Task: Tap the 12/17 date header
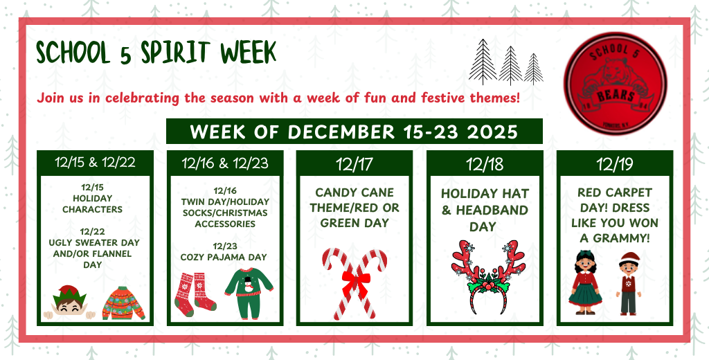[x=354, y=164]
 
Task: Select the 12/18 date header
[x=485, y=164]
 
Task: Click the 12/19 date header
[x=615, y=164]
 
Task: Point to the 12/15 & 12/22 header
[x=94, y=163]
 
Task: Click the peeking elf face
[x=67, y=303]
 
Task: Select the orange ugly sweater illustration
[x=123, y=303]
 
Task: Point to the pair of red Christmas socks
[x=195, y=291]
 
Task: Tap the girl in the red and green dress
[x=585, y=282]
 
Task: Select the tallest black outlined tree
[x=483, y=62]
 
